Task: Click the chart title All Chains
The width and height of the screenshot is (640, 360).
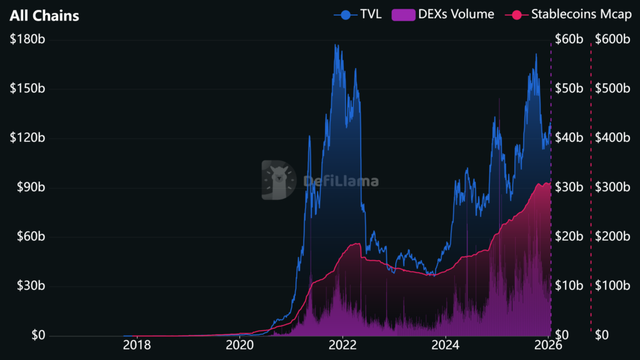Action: pyautogui.click(x=44, y=16)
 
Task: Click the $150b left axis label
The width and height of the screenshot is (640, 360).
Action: pyautogui.click(x=27, y=89)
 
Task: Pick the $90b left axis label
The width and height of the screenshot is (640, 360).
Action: pyautogui.click(x=30, y=187)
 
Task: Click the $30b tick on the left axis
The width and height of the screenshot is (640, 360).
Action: pyautogui.click(x=30, y=286)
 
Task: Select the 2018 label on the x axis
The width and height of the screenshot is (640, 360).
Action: pyautogui.click(x=136, y=345)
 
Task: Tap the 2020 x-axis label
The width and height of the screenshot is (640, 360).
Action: pyautogui.click(x=240, y=345)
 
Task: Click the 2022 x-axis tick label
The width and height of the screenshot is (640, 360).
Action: pyautogui.click(x=343, y=345)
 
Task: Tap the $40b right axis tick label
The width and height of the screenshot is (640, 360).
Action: pyautogui.click(x=569, y=138)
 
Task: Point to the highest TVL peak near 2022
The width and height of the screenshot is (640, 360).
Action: pyautogui.click(x=336, y=44)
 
